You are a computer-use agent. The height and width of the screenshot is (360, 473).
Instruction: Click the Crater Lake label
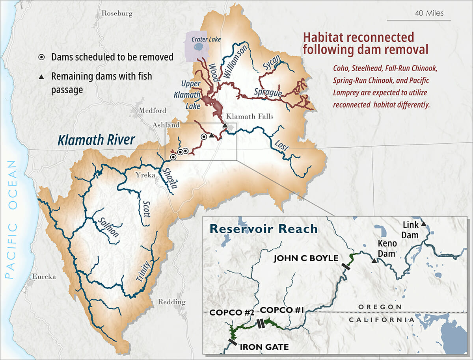click(x=206, y=39)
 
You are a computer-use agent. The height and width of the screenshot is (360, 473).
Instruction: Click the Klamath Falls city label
click(x=249, y=117)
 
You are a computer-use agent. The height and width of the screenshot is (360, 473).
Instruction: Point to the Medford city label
click(x=152, y=110)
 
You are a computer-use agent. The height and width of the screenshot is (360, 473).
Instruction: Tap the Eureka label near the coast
click(x=44, y=276)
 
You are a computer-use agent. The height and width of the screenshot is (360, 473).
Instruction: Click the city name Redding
click(x=171, y=302)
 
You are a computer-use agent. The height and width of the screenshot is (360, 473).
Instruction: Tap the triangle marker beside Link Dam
click(x=423, y=224)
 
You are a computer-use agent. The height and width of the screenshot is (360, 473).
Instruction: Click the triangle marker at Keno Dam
click(x=374, y=260)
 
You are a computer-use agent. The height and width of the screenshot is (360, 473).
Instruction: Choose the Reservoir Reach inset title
click(x=263, y=229)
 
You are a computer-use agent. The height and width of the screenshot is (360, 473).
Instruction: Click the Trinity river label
click(x=143, y=271)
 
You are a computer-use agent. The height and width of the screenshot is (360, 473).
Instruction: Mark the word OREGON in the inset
click(x=380, y=307)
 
